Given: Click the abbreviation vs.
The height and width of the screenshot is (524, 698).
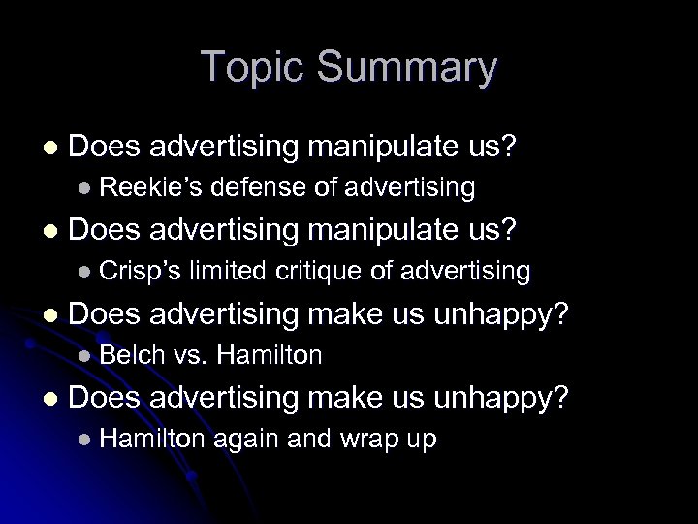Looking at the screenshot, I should click(190, 356).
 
